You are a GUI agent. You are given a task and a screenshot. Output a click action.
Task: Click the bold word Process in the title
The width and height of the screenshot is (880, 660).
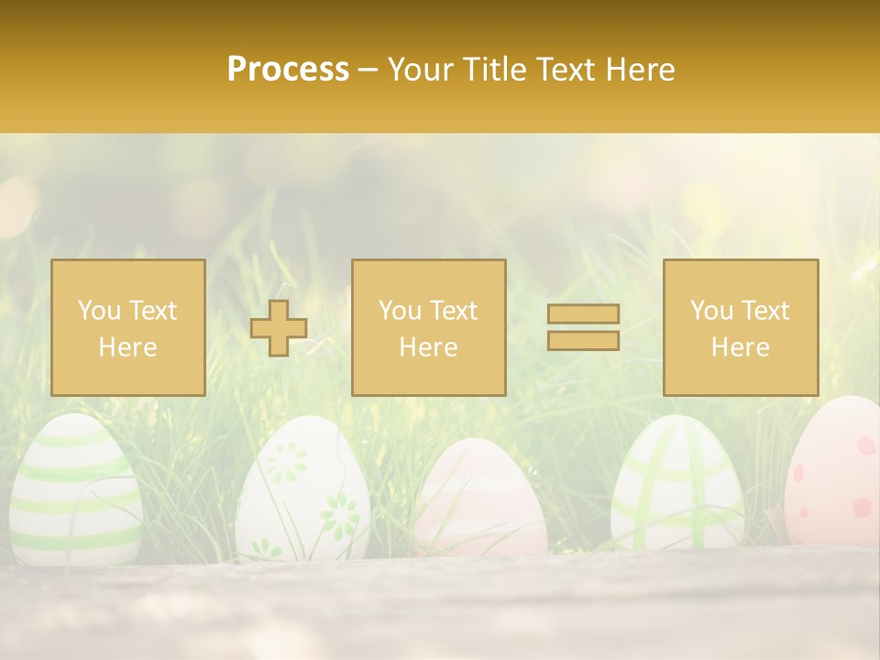click(288, 70)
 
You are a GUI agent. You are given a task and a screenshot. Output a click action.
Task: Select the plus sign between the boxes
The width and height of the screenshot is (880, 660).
click(279, 328)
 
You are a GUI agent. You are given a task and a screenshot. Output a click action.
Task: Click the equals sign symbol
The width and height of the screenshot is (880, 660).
click(583, 327)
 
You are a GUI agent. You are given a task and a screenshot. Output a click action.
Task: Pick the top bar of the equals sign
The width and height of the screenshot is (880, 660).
click(583, 314)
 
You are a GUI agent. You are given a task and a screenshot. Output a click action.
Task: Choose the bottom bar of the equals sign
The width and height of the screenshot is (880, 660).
click(583, 340)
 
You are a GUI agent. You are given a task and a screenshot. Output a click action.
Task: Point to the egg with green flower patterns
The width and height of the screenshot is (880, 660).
click(302, 490)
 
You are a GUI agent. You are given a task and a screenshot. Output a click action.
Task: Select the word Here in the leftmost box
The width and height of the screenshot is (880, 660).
click(127, 347)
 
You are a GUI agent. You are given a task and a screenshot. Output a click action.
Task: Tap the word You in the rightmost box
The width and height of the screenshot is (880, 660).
click(711, 311)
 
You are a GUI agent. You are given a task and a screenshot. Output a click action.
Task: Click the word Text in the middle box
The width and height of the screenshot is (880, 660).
click(454, 311)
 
